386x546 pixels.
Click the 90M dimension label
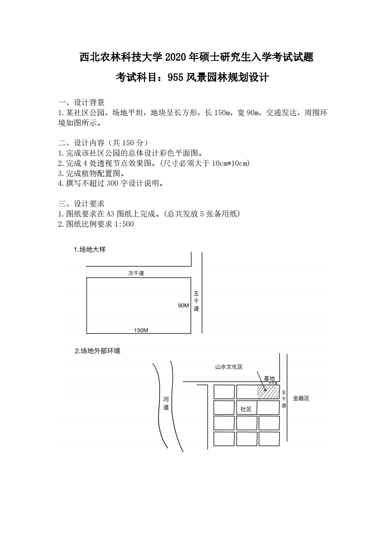183,306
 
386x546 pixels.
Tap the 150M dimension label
141,330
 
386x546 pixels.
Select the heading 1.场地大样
90,250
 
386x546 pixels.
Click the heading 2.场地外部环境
97,350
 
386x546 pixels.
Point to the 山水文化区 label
229,367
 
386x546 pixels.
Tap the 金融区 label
301,398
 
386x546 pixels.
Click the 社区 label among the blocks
246,409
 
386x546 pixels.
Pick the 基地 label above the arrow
269,378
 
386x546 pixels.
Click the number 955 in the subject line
175,77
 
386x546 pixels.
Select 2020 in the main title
177,57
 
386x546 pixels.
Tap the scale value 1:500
123,224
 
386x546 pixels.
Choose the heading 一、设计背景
81,102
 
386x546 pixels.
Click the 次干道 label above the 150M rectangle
136,273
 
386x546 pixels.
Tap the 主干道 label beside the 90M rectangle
196,301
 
